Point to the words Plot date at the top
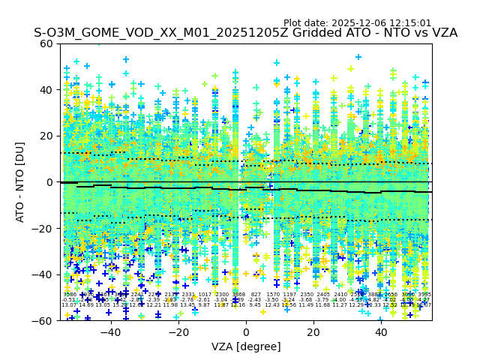pos(307,23)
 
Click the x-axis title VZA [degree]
pos(245,346)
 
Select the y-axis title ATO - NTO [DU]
pos(21,182)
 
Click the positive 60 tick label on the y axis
pos(46,43)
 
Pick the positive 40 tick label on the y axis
pos(46,90)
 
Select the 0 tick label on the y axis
pos(49,182)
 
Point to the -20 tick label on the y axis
pos(43,229)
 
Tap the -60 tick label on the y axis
pos(43,321)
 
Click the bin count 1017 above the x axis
pos(205,295)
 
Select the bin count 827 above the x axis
pos(256,295)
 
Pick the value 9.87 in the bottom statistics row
pos(205,305)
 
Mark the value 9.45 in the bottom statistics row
pos(256,305)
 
